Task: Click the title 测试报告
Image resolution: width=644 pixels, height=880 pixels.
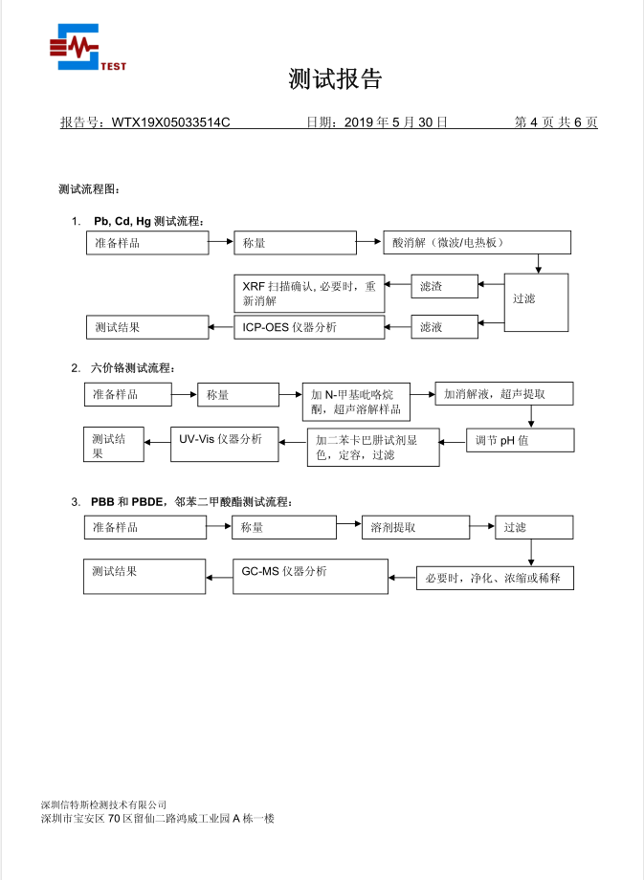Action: pos(335,79)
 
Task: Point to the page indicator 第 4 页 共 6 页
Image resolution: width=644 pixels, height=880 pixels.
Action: pos(556,122)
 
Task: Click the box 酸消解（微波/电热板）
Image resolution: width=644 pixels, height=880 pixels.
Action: pos(477,243)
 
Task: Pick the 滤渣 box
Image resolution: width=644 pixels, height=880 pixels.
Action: pos(445,285)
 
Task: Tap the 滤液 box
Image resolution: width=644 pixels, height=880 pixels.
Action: pos(445,326)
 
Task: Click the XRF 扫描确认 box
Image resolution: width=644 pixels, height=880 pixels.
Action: pos(309,293)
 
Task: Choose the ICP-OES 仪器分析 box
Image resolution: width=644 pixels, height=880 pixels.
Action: pos(309,326)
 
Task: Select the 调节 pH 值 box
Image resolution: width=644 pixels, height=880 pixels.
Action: pos(521,440)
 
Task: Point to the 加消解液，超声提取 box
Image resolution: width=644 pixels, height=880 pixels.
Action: pos(504,394)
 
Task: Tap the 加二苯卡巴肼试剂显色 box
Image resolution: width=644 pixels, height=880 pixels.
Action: pos(373,448)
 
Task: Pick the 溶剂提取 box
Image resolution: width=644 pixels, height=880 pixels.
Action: pos(414,527)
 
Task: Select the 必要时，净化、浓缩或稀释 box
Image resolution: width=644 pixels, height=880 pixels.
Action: pos(495,578)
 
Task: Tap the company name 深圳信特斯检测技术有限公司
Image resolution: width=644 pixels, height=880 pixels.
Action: pos(104,804)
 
